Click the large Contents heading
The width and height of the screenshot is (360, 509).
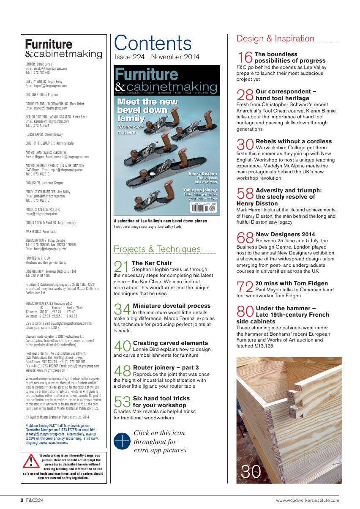point(153,43)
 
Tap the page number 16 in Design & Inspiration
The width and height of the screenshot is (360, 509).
point(245,57)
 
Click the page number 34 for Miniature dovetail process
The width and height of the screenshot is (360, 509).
point(123,309)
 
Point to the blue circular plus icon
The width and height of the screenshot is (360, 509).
point(122,441)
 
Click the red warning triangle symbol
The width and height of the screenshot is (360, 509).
point(31,461)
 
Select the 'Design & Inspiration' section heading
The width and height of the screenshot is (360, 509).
point(275,38)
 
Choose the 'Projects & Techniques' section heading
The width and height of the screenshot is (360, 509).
point(157,249)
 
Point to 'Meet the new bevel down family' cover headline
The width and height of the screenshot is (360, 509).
point(147,110)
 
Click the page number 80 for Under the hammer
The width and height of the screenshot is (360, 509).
point(245,312)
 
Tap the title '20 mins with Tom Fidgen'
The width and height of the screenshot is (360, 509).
point(292,283)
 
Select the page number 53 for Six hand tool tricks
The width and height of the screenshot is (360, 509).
point(123,402)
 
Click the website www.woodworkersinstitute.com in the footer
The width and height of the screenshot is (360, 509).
point(307,501)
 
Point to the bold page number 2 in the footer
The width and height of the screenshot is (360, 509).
point(22,501)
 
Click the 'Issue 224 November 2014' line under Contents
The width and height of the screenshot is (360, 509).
point(157,57)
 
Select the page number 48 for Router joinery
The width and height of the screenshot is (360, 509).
point(123,371)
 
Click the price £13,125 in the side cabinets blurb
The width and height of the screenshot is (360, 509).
point(261,346)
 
